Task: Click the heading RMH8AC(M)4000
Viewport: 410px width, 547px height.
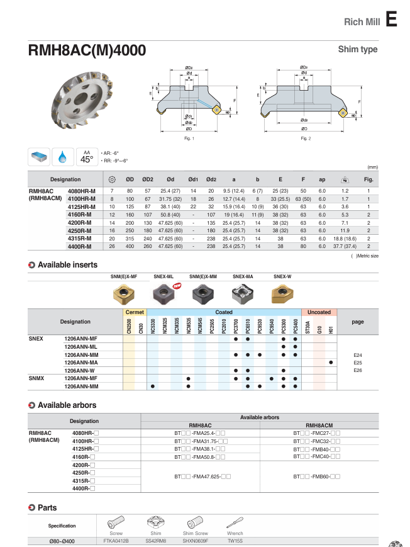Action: click(x=87, y=50)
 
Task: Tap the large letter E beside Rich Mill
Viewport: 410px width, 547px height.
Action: click(x=391, y=20)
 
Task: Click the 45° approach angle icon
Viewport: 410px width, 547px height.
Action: click(x=86, y=156)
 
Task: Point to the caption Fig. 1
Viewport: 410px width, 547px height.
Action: click(x=189, y=138)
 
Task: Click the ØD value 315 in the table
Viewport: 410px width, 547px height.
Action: click(x=130, y=239)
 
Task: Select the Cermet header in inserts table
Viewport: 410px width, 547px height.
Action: click(x=135, y=312)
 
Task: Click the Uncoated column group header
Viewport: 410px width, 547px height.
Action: click(x=318, y=312)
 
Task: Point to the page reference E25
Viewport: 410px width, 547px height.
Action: click(x=358, y=363)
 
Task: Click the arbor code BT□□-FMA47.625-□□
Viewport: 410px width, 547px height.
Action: click(x=202, y=477)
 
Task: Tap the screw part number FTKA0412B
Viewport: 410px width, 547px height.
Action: click(x=116, y=541)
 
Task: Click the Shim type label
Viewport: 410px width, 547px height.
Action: click(x=358, y=49)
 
